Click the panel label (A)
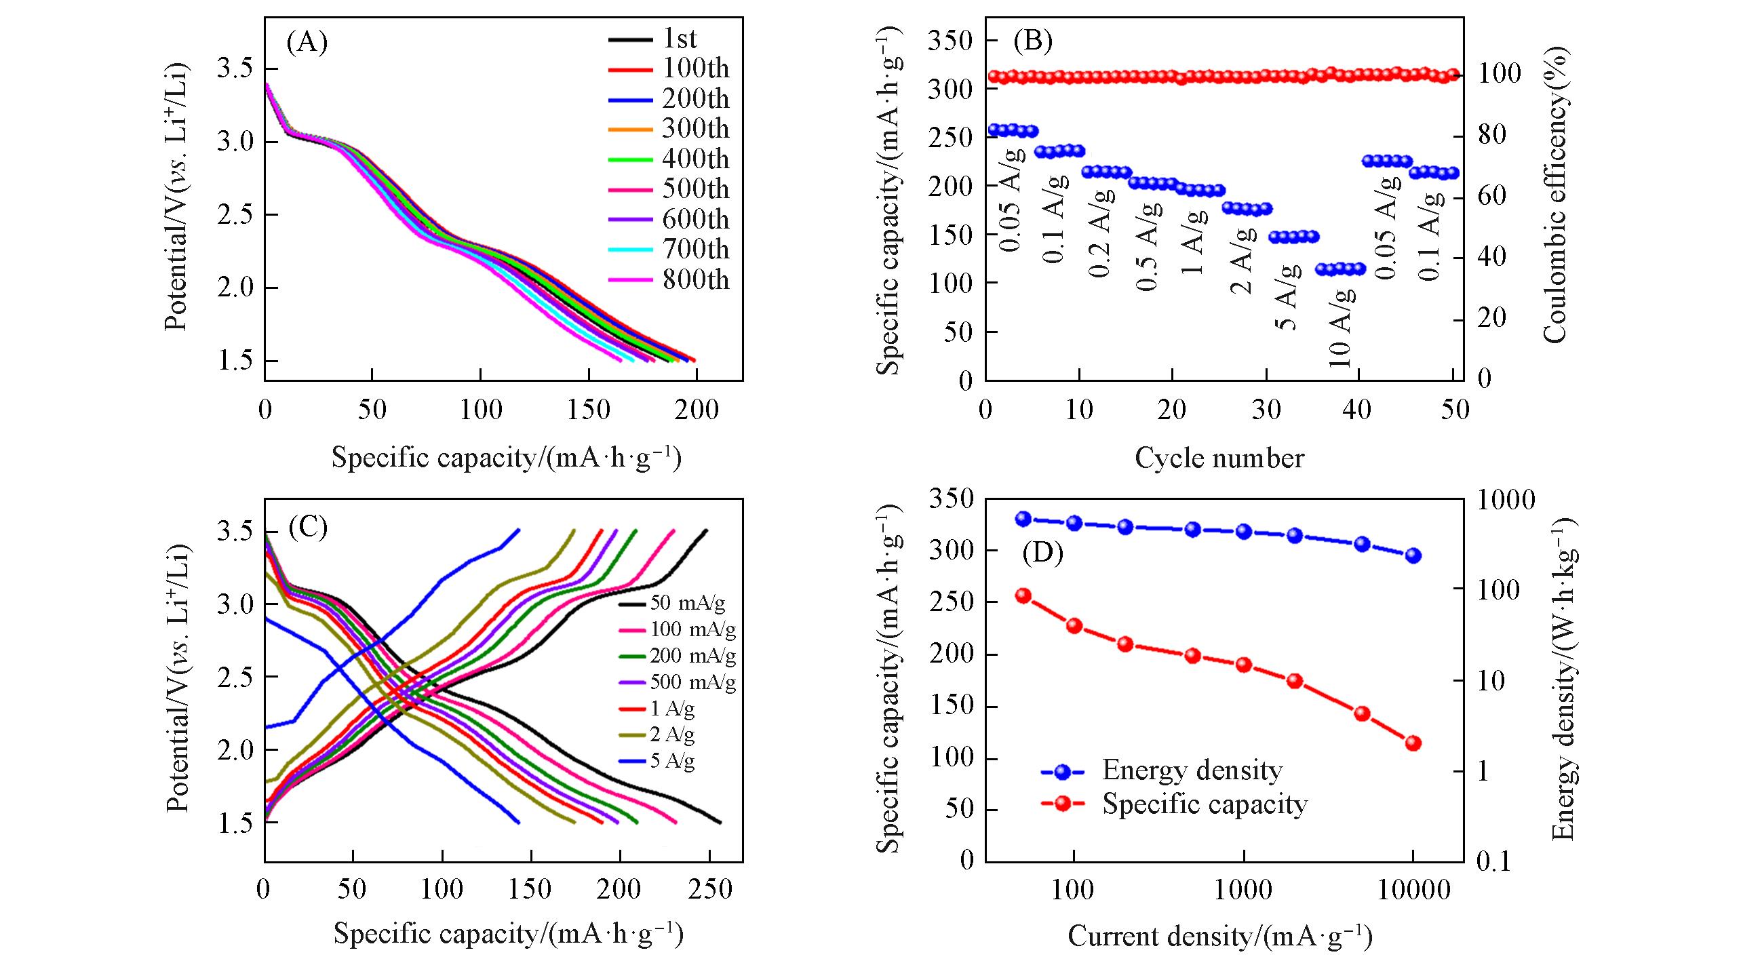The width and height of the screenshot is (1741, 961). click(x=307, y=43)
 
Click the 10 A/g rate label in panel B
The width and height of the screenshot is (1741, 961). click(x=1342, y=328)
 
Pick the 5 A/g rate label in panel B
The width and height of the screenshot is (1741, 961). click(x=1287, y=296)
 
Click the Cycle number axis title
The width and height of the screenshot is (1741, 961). click(x=1219, y=458)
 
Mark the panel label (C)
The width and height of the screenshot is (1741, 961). click(x=308, y=527)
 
